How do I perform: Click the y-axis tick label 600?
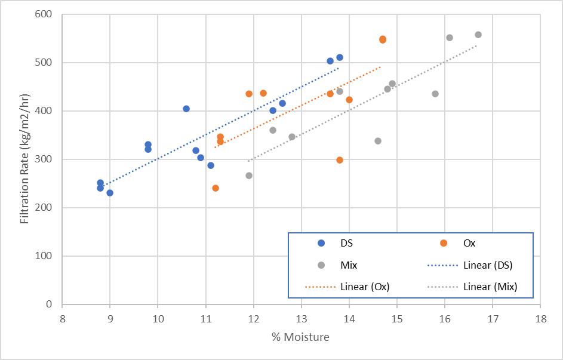click(44, 14)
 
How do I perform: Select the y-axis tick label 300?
click(44, 159)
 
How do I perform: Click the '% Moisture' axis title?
click(300, 337)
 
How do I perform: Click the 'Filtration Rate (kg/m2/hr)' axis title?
click(24, 159)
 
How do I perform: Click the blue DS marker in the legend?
click(321, 243)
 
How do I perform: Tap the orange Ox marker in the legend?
click(444, 243)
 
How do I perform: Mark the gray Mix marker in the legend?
click(321, 265)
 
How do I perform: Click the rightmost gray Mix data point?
click(478, 35)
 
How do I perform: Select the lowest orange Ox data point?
click(216, 188)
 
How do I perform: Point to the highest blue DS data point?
click(340, 57)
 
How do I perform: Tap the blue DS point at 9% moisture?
click(110, 193)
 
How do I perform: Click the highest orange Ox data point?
click(383, 39)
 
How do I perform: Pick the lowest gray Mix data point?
click(249, 176)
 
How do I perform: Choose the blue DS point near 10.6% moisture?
click(186, 109)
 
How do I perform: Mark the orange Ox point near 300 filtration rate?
click(340, 160)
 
